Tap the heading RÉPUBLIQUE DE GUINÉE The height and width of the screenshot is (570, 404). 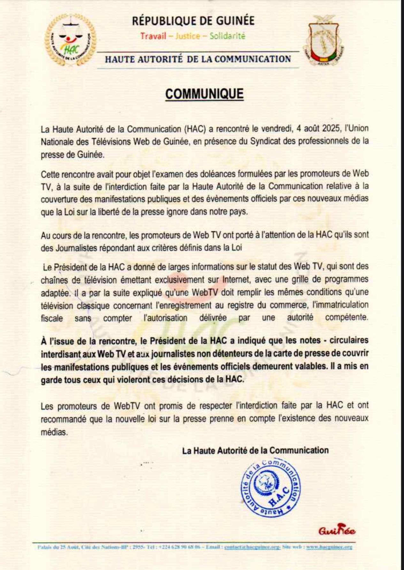[193, 21]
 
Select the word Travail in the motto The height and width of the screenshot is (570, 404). [153, 36]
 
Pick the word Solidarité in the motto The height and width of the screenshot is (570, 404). [227, 36]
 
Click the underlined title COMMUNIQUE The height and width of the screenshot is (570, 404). [204, 94]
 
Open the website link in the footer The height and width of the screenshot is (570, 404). [329, 547]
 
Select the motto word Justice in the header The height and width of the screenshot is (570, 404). [188, 36]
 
